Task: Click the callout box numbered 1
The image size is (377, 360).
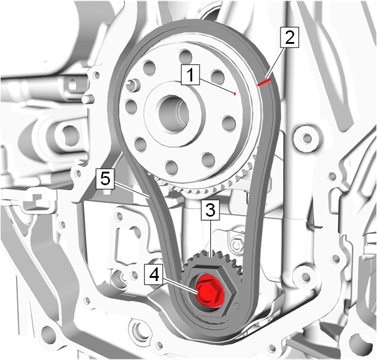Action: coord(190,75)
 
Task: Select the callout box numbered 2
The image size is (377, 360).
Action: coord(289,37)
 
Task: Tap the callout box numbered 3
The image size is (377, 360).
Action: coord(210,210)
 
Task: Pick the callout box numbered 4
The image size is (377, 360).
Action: coord(154,274)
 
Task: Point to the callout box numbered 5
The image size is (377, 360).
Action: coord(105,178)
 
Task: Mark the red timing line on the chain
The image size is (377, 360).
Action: coord(264,82)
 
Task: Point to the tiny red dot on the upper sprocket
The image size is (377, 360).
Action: coord(235,94)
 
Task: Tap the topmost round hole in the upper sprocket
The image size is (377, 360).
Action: coord(185,56)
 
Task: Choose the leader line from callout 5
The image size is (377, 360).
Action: coord(132,190)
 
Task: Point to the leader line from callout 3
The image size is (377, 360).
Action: coord(211,239)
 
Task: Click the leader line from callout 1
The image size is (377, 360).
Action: coord(217,86)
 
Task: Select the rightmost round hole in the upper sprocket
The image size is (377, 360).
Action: coord(229,123)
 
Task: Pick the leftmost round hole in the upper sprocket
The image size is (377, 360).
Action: coord(131,107)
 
